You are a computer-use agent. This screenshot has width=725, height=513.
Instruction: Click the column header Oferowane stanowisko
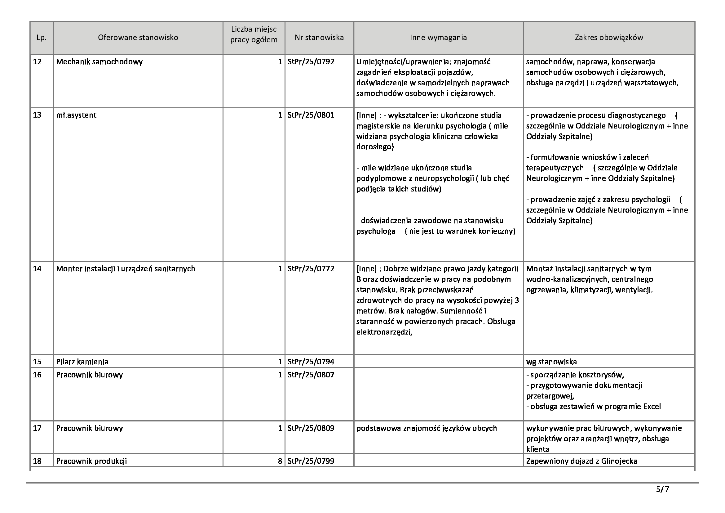tap(138, 38)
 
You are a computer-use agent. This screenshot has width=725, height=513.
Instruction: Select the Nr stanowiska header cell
tap(319, 38)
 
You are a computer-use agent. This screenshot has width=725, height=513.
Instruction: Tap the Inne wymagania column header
tap(438, 38)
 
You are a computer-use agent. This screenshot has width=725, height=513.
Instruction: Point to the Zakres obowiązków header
tap(609, 38)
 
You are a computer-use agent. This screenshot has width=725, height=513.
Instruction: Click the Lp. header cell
tap(42, 38)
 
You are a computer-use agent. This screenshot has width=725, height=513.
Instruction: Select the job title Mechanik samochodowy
tap(99, 62)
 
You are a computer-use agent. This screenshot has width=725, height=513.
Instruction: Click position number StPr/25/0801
tap(311, 115)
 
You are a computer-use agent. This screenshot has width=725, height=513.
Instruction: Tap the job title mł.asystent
tap(76, 115)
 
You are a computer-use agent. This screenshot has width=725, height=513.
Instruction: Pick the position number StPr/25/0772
tap(311, 269)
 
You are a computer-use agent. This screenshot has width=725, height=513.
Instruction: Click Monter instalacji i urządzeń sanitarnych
tap(126, 269)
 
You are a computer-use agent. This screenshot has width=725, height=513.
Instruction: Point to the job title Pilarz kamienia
tap(82, 362)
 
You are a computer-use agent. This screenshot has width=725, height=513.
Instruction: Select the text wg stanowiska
tap(551, 362)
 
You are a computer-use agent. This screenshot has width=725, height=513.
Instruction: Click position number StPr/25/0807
tap(311, 375)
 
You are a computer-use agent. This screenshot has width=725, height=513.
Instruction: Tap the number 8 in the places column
tap(280, 461)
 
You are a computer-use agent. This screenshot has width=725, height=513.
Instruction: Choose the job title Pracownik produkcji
tap(91, 461)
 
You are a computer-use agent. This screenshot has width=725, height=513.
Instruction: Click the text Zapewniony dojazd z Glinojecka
tap(581, 461)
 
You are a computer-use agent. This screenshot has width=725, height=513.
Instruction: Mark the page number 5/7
tap(662, 490)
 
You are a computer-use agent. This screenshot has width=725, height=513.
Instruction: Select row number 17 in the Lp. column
tap(37, 428)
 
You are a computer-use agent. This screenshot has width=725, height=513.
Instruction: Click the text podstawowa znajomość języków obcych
tap(427, 428)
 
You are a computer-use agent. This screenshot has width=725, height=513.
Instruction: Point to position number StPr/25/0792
tap(311, 62)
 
